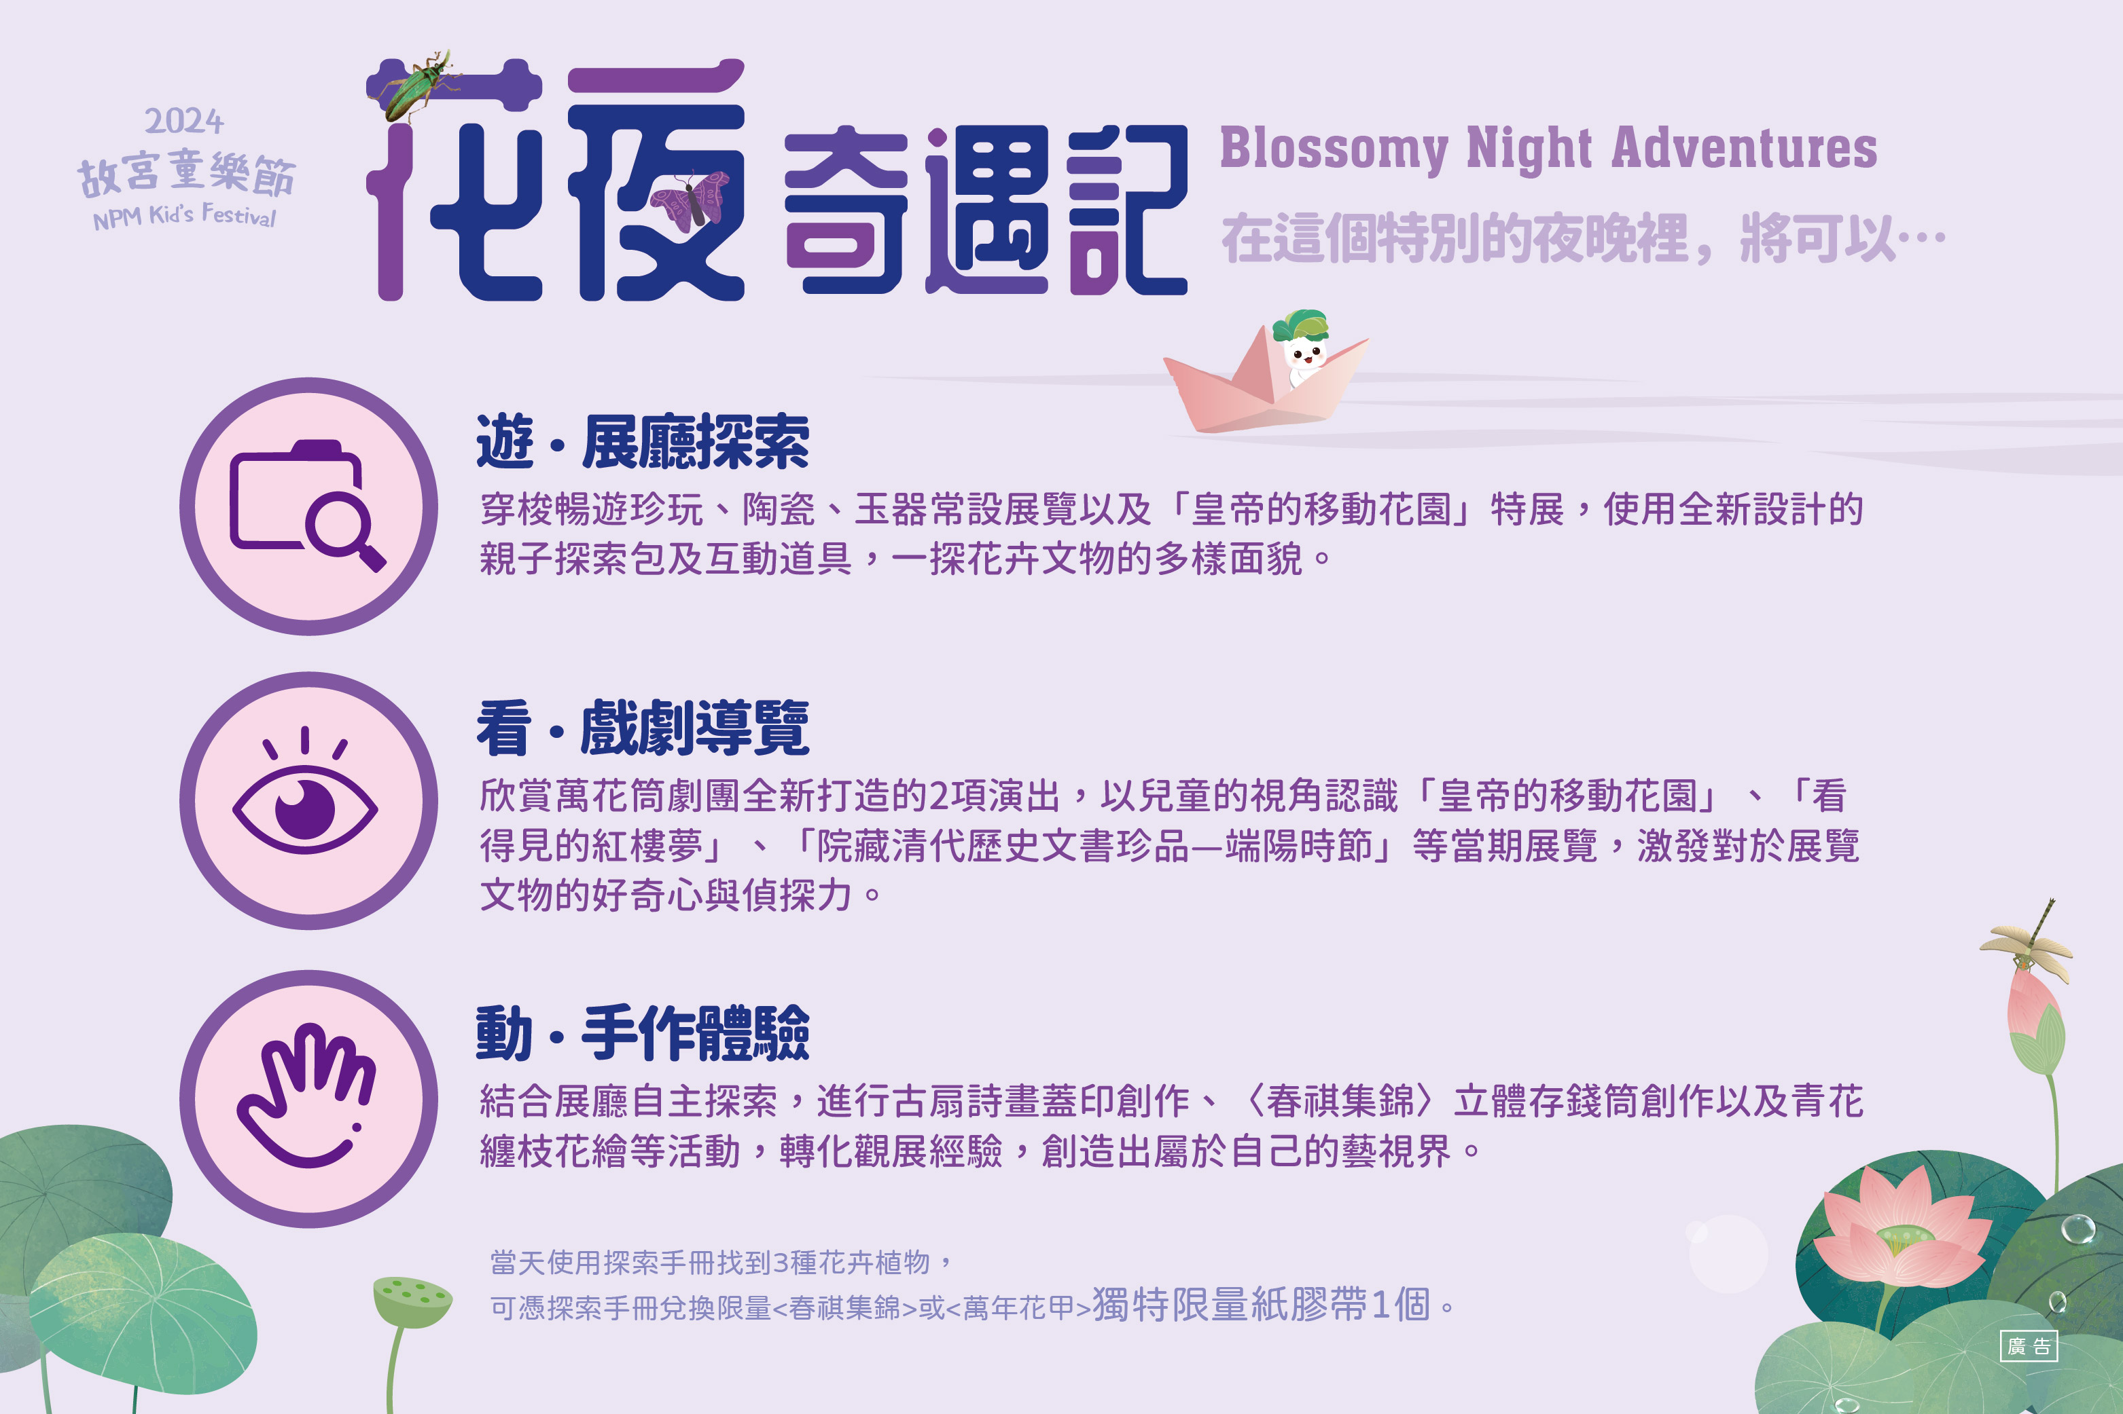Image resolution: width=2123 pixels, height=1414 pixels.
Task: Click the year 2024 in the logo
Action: pos(184,121)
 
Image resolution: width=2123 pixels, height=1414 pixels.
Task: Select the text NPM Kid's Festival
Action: pos(184,217)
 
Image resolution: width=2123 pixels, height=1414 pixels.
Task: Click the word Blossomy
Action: pos(1334,149)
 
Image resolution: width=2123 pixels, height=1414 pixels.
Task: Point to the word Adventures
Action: pos(1744,148)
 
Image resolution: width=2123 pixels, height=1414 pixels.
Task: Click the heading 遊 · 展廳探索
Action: pos(643,442)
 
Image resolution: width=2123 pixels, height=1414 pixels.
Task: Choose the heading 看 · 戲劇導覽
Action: pos(643,728)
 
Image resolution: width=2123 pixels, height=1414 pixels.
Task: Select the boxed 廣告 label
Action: pos(2029,1346)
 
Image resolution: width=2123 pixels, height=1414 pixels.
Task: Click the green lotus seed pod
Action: pos(412,1301)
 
